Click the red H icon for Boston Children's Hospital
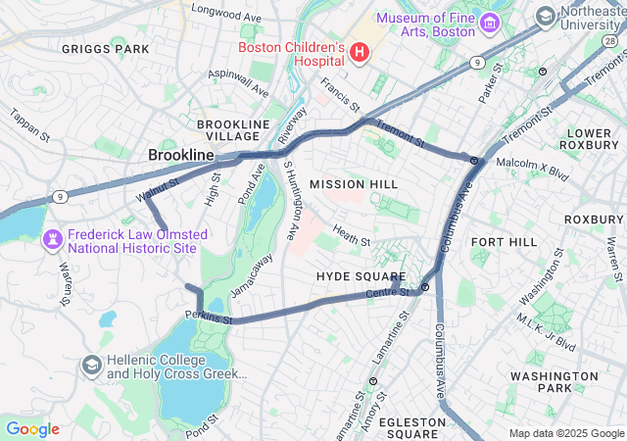(360, 51)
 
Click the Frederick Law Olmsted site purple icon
(51, 239)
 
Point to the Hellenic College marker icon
(91, 366)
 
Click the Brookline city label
(180, 155)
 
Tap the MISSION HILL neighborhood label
(354, 184)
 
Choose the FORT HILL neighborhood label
(504, 241)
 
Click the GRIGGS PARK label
(105, 48)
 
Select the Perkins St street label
(208, 317)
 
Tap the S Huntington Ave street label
(292, 200)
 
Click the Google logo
(32, 428)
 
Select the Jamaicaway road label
(252, 275)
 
